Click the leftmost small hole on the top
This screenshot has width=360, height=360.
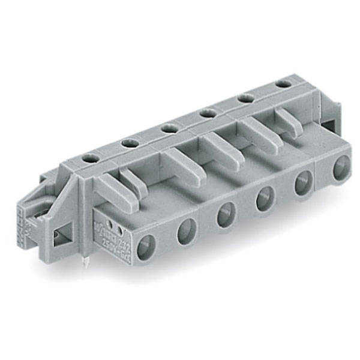[x=90, y=158]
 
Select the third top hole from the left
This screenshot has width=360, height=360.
[x=169, y=127]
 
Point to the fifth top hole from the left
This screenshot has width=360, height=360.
[x=245, y=98]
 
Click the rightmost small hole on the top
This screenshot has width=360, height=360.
[x=281, y=84]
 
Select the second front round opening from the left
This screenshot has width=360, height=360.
[x=187, y=230]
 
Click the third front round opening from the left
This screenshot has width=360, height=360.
[x=226, y=214]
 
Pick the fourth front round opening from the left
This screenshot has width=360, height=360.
[x=265, y=198]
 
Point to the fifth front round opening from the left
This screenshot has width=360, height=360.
[x=303, y=182]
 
